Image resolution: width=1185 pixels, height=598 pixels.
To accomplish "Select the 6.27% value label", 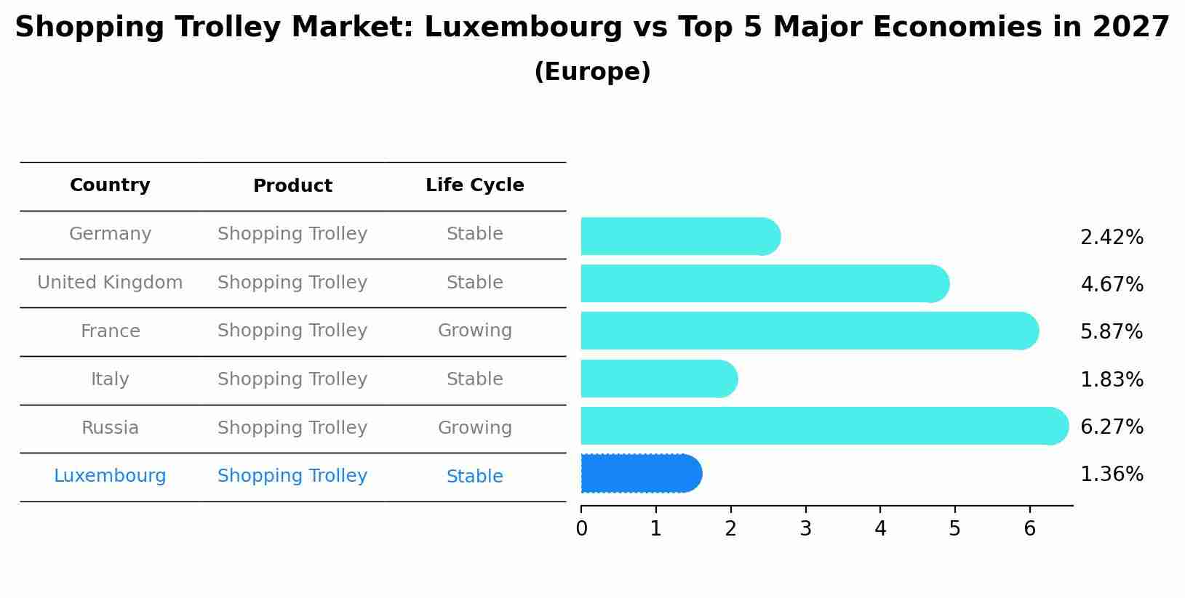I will point(1112,427).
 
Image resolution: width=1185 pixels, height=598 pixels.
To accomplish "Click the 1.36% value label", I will point(1112,474).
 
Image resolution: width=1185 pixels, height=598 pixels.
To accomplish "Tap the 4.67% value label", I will point(1112,284).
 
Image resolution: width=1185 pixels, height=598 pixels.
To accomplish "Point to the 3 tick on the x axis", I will point(805,529).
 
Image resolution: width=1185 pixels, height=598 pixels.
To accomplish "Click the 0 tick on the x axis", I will point(581,529).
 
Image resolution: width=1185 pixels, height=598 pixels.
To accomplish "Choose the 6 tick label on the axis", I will point(1029,529).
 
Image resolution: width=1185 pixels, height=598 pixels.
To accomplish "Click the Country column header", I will point(110,185).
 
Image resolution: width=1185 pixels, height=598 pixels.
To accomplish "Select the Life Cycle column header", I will point(474,185).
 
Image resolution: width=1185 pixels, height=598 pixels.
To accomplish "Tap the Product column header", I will point(292,186).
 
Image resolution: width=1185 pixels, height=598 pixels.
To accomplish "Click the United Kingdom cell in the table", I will point(110,283).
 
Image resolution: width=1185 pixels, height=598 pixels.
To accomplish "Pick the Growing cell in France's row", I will point(474,331).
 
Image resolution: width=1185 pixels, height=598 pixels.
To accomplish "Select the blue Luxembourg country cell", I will point(110,476).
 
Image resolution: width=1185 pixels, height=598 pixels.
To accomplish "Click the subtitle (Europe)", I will point(592,72).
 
